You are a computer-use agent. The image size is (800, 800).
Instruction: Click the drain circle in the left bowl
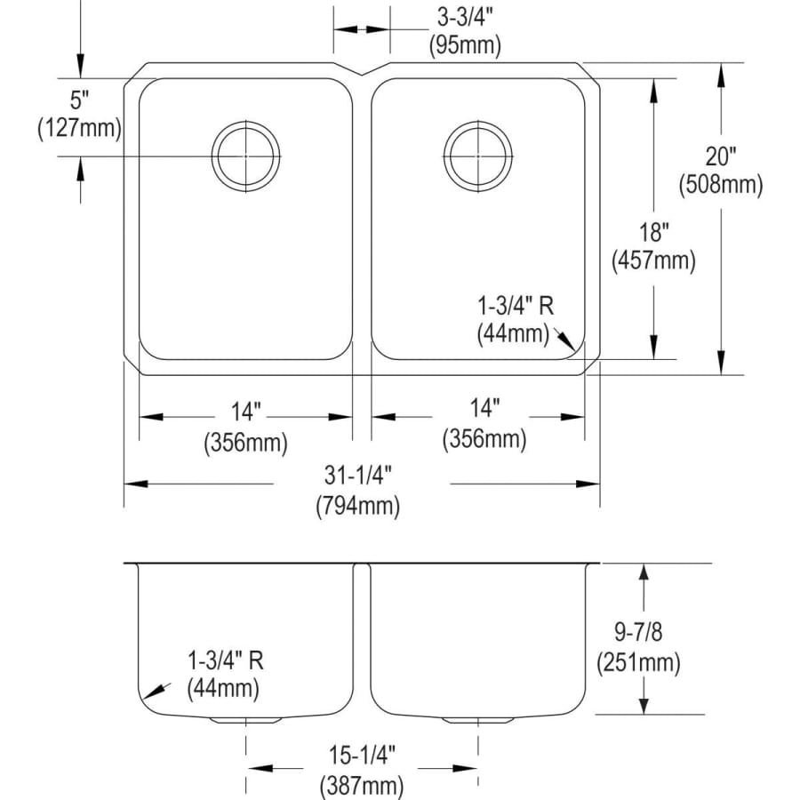pyautogui.click(x=246, y=156)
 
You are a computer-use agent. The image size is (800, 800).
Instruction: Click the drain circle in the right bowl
pyautogui.click(x=478, y=156)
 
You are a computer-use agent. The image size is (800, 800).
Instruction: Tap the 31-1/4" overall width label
pyautogui.click(x=358, y=476)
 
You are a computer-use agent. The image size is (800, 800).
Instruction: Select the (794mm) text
pyautogui.click(x=358, y=506)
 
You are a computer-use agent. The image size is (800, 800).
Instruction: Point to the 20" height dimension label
pyautogui.click(x=720, y=156)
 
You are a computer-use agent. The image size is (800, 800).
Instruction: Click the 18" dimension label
pyautogui.click(x=654, y=233)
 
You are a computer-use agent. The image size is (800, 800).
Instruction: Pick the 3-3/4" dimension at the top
pyautogui.click(x=465, y=18)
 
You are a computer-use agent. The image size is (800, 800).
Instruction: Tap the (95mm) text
pyautogui.click(x=465, y=46)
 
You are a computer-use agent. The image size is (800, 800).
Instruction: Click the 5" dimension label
pyautogui.click(x=80, y=100)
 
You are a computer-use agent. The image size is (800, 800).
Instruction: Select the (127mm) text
pyautogui.click(x=80, y=128)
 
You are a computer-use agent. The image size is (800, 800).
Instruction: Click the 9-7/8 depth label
pyautogui.click(x=638, y=632)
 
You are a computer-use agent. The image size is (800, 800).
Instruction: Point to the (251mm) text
pyautogui.click(x=638, y=662)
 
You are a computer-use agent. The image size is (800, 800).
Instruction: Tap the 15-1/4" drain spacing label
pyautogui.click(x=362, y=755)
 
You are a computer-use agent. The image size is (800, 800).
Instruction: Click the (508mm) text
pyautogui.click(x=720, y=185)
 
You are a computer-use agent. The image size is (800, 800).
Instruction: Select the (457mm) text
pyautogui.click(x=654, y=261)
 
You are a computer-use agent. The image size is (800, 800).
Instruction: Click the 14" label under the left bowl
pyautogui.click(x=246, y=412)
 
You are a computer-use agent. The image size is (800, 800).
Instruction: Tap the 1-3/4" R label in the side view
pyautogui.click(x=226, y=660)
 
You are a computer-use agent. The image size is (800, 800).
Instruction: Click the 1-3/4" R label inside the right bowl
pyautogui.click(x=516, y=306)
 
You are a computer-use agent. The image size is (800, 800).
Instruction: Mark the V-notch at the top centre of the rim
pyautogui.click(x=362, y=75)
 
